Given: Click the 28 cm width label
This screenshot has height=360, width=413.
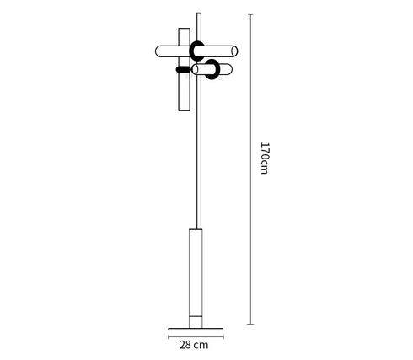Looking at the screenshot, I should (196, 345).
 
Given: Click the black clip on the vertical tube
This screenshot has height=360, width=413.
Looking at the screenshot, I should (180, 69).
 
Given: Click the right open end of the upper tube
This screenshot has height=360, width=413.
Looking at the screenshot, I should (235, 51).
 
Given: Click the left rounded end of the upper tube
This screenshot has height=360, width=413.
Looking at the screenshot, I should (158, 51).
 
